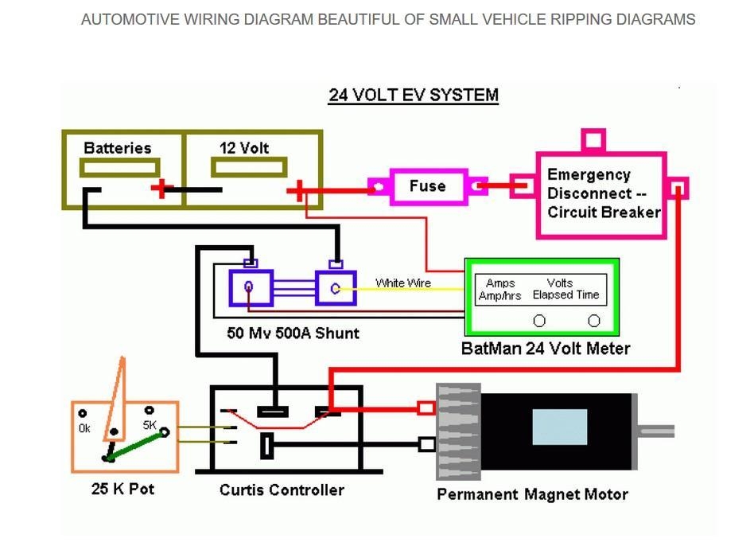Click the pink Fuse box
click(427, 186)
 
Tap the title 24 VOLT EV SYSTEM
click(414, 96)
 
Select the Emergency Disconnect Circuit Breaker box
click(601, 194)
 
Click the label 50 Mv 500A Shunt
click(293, 334)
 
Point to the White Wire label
click(403, 283)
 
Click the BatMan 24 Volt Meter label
click(546, 349)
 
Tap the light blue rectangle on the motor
click(559, 427)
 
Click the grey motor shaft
click(656, 431)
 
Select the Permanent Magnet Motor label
click(532, 494)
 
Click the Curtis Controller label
click(282, 490)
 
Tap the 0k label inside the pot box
click(84, 428)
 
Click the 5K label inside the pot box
click(150, 425)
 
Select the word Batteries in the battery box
click(117, 148)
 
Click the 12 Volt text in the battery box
click(244, 148)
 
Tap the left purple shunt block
click(251, 287)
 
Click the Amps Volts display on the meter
click(541, 289)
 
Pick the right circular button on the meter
click(593, 321)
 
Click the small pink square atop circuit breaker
click(593, 141)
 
